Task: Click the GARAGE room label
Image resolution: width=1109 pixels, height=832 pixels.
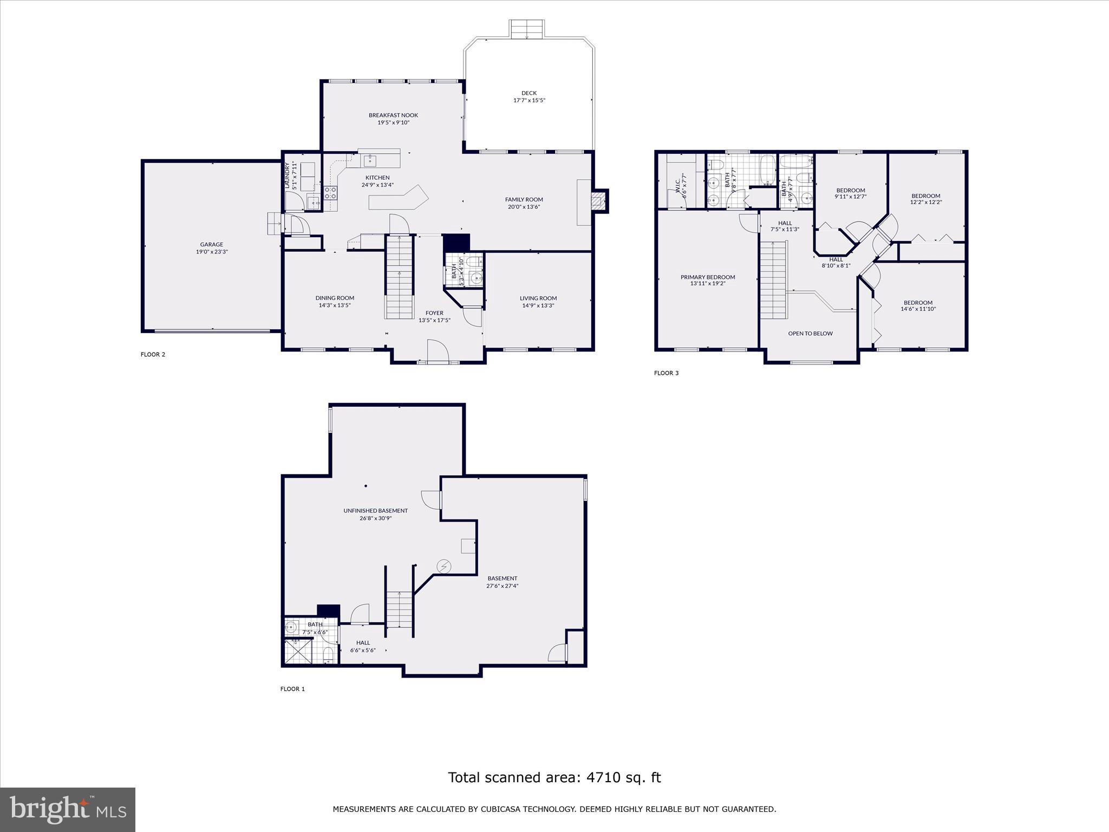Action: coord(212,245)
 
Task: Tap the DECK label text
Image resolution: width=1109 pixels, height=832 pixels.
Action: coord(529,93)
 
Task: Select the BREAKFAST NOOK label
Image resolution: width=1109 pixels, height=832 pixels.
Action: coord(393,115)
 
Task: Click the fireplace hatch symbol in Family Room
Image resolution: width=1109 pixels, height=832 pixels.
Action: coord(597,202)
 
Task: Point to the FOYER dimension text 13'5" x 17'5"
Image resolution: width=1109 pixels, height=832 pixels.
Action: coord(434,320)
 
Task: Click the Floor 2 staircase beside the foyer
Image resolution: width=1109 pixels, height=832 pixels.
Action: coord(400,277)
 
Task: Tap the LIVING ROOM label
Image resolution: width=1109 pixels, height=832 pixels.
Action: coord(538,298)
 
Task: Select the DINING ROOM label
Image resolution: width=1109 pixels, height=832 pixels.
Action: coord(335,298)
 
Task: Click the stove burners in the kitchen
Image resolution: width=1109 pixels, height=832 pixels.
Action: coord(331,193)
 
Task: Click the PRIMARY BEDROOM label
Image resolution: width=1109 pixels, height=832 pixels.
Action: coord(708,277)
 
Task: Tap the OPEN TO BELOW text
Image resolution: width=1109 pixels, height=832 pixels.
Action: coord(810,334)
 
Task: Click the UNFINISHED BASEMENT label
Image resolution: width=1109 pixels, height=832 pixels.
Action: coord(375,511)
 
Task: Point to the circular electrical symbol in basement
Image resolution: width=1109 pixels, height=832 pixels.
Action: coord(443,567)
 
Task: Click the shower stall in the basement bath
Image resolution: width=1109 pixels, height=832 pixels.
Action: coord(298,652)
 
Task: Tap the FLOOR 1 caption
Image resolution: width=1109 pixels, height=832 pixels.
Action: coord(292,689)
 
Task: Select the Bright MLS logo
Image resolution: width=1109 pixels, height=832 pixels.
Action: coord(68,809)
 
